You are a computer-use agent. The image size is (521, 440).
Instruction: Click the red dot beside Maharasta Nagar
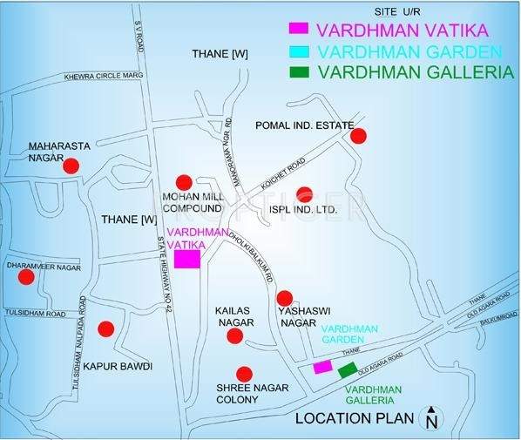pos(71,165)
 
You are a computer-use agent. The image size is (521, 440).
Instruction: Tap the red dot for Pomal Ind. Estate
pos(358,135)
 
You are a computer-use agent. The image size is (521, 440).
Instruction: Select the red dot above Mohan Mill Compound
pos(183,182)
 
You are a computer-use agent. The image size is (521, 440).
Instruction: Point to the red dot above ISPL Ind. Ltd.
pos(303,194)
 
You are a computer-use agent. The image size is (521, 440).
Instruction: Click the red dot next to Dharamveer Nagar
pos(27,276)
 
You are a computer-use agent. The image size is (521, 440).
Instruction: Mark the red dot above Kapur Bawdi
pos(105,328)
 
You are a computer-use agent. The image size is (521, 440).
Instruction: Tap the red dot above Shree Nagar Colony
pos(245,372)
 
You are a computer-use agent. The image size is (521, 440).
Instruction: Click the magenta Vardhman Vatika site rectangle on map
pos(187,260)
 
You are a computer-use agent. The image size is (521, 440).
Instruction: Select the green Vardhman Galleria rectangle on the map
pos(348,369)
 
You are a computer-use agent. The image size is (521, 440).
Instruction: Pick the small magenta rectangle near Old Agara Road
pos(322,367)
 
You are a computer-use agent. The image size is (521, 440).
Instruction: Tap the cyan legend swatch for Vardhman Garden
pos(300,51)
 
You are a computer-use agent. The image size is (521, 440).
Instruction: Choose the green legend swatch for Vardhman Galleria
pos(300,72)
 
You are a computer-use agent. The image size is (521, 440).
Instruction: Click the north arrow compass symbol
pos(430,418)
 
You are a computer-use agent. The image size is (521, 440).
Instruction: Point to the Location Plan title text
pos(355,418)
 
